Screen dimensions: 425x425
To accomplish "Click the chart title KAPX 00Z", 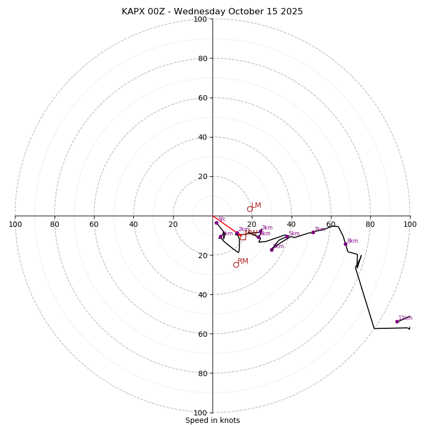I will [x=212, y=12].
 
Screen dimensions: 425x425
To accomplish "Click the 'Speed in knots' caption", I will [x=212, y=420].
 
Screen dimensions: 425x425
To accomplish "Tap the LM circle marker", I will [x=250, y=209].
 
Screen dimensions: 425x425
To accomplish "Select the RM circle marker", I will [x=236, y=265].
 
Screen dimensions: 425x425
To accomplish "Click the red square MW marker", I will [x=243, y=237].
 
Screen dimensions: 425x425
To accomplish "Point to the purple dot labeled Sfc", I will [x=216, y=223].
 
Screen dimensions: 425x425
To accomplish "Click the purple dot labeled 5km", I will [x=287, y=236].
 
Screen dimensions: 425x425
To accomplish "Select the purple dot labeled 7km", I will [x=313, y=232].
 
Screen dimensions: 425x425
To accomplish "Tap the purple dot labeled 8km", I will [x=345, y=244].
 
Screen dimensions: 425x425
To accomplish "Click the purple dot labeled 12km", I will [x=397, y=321].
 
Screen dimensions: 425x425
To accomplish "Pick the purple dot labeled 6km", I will [x=271, y=249].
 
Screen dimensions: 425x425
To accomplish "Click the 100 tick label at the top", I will [x=200, y=20].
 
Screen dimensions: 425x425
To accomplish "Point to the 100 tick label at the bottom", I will [x=200, y=412].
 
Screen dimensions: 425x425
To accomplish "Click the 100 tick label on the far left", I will [x=15, y=224].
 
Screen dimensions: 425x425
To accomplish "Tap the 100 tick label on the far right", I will [x=410, y=224].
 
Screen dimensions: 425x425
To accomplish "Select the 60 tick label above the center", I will [x=202, y=98].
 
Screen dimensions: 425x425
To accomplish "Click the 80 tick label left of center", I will [x=55, y=224].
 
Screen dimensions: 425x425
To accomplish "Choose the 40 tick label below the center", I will [x=202, y=294].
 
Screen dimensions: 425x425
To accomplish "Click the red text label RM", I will [x=243, y=261].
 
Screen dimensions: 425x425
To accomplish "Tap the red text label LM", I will [x=256, y=205].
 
